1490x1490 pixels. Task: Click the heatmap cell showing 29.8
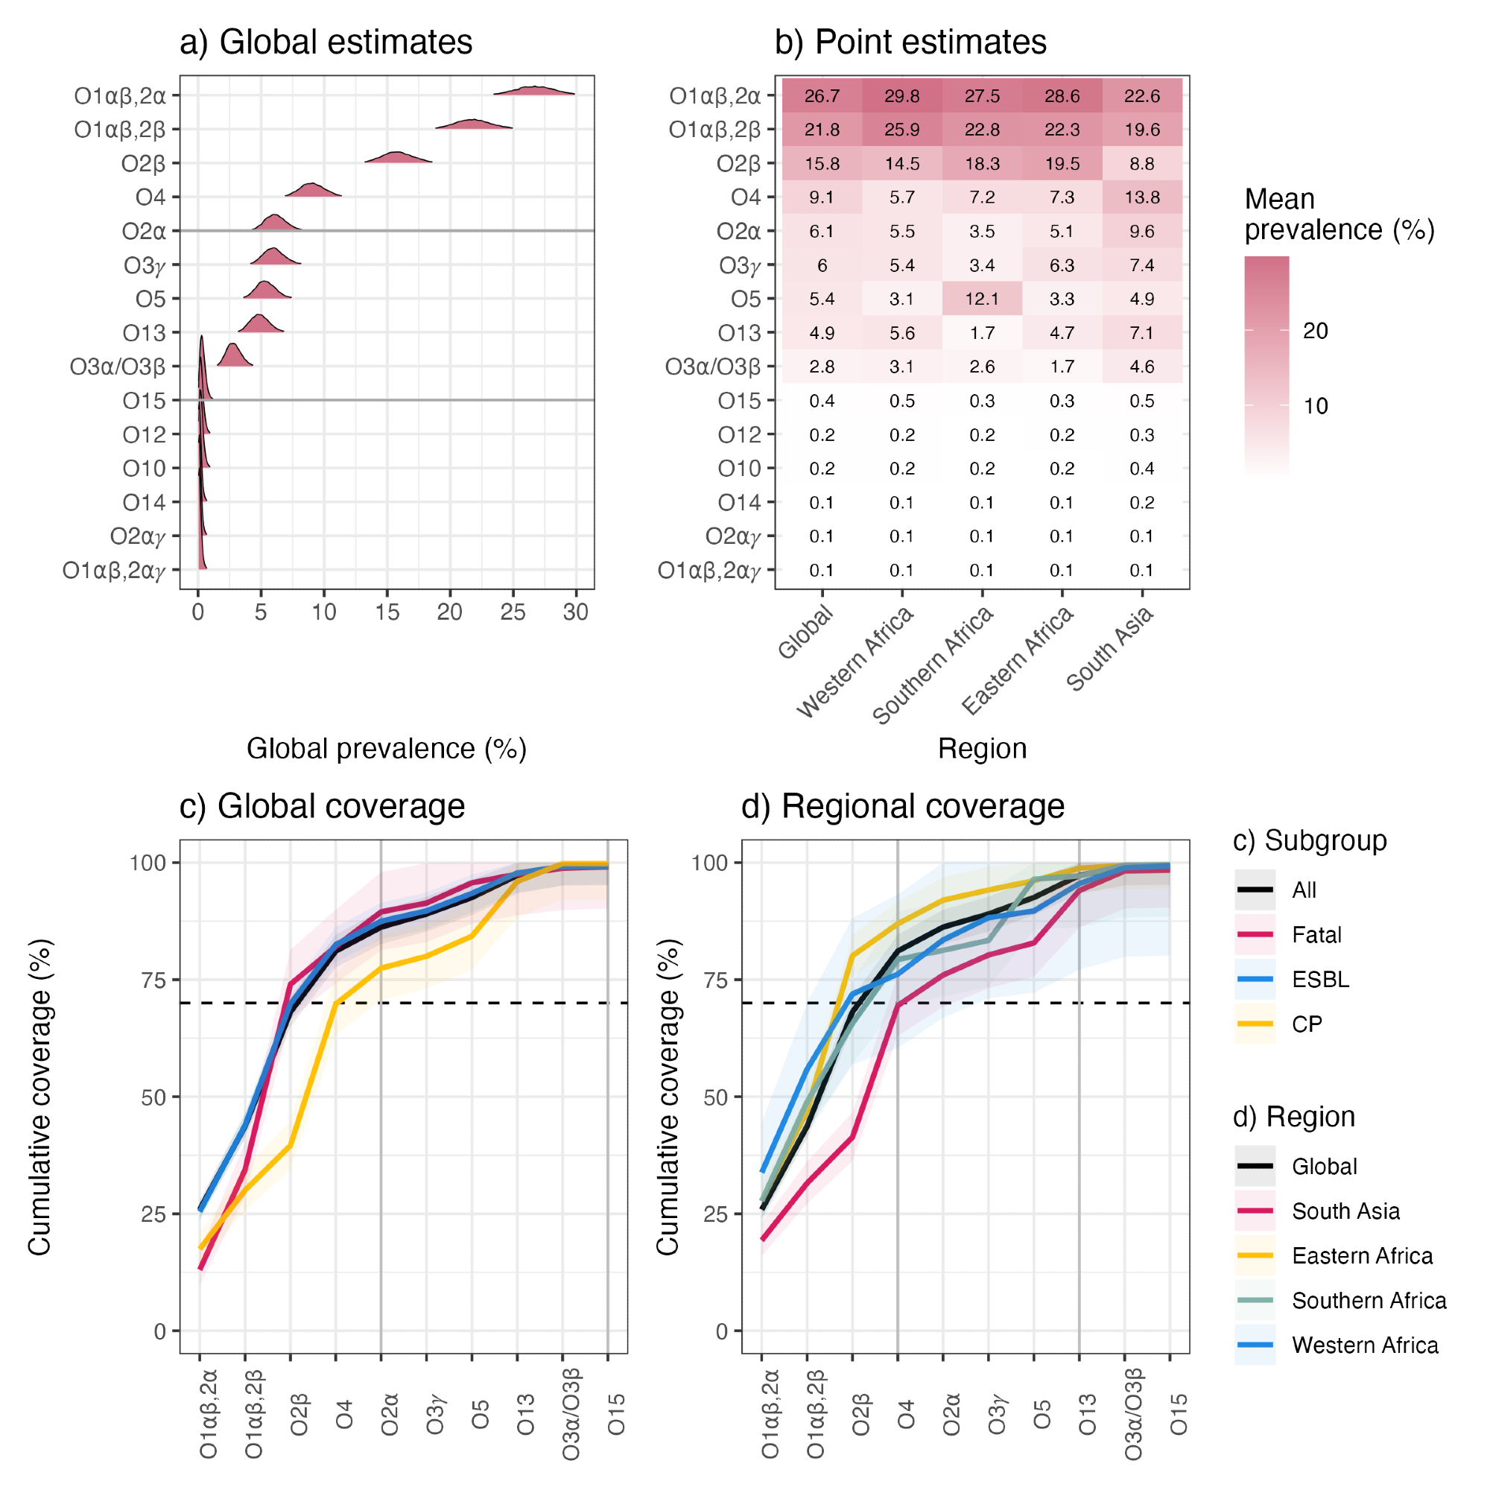click(x=901, y=96)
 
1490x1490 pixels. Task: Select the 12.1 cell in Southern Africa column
click(x=982, y=299)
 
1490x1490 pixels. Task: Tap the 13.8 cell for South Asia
click(x=1141, y=197)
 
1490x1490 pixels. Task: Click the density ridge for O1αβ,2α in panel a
click(x=533, y=91)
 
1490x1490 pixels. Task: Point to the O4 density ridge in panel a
click(x=312, y=191)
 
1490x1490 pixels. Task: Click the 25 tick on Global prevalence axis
click(x=513, y=612)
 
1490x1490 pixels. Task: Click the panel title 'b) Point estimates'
click(x=910, y=42)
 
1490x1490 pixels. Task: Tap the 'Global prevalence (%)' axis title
click(x=387, y=748)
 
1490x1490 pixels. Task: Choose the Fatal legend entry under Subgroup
click(x=1316, y=935)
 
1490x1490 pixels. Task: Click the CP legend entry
click(x=1307, y=1024)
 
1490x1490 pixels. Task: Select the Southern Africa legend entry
click(x=1368, y=1300)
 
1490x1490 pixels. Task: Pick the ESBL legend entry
click(x=1320, y=980)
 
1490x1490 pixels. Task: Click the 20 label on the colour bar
click(x=1315, y=331)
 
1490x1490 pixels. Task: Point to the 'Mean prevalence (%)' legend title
click(x=1338, y=215)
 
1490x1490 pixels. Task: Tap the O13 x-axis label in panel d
click(x=1087, y=1415)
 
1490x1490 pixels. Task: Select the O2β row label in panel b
click(x=738, y=163)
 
